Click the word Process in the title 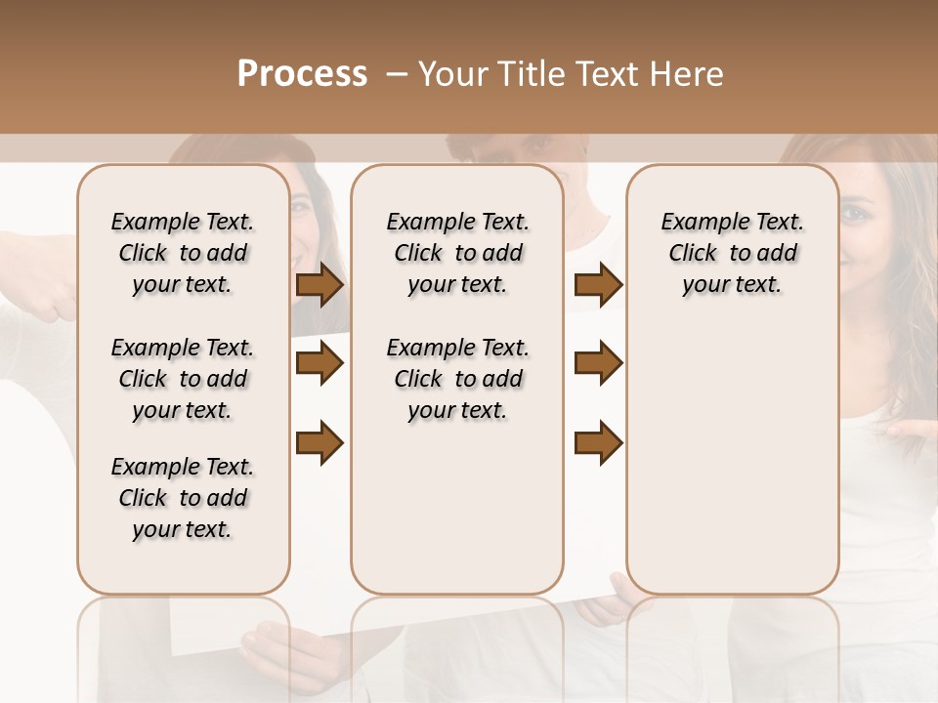coord(302,74)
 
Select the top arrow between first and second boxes coord(320,285)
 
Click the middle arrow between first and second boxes coord(320,364)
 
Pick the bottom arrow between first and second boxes coord(320,442)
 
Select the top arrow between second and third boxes coord(598,285)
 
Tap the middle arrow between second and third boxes coord(598,364)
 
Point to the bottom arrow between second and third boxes coord(598,442)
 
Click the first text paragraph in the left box coord(183,253)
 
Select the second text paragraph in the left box coord(183,379)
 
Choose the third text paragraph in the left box coord(183,498)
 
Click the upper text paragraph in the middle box coord(457,253)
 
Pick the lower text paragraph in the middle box coord(457,379)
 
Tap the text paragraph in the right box coord(732,253)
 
